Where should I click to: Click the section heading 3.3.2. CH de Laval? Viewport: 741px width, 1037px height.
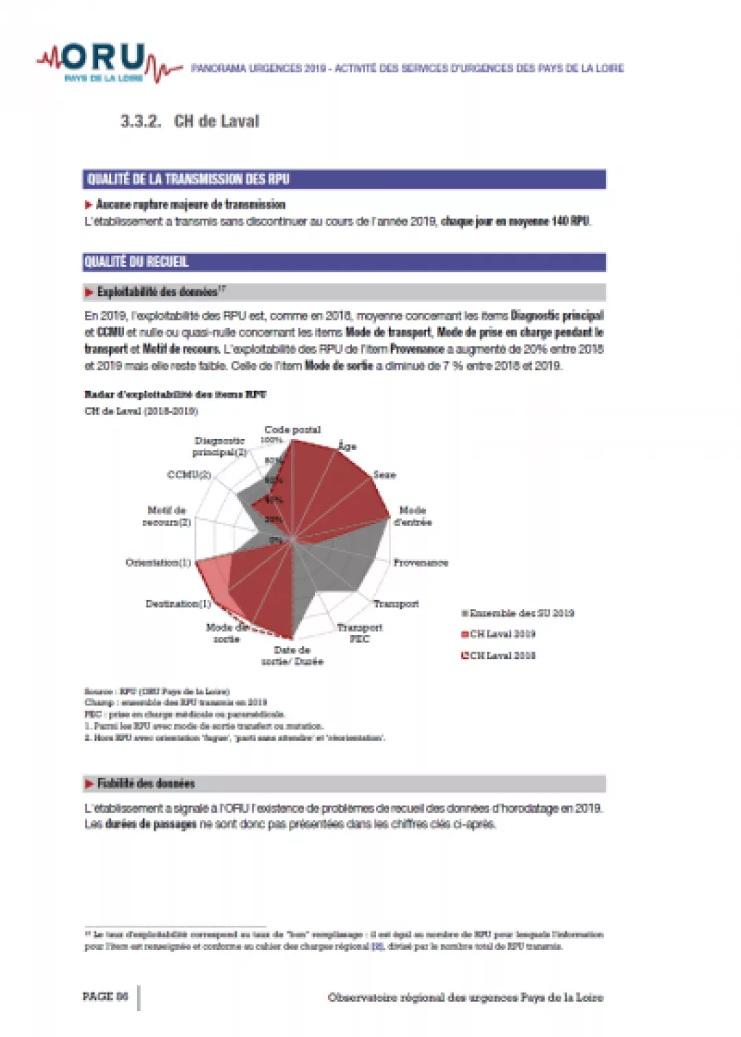tap(190, 121)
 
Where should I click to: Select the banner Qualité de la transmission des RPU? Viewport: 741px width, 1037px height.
tap(344, 179)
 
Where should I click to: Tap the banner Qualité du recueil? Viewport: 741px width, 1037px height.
tap(344, 262)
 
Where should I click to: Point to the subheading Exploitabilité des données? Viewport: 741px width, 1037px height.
tap(157, 292)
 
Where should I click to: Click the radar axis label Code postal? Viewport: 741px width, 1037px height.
tap(292, 430)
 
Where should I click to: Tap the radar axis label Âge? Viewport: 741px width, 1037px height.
tap(347, 446)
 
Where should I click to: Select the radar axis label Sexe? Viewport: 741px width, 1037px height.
tap(384, 475)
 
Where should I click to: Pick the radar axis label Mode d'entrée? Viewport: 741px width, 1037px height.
tap(412, 516)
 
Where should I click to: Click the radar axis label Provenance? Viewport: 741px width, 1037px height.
tap(421, 562)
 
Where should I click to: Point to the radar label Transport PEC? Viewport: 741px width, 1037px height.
tap(360, 632)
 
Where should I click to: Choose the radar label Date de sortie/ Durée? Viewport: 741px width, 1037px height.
tap(292, 655)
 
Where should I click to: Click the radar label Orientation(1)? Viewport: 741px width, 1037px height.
tap(158, 562)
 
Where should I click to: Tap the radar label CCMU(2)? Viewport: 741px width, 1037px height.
tap(189, 475)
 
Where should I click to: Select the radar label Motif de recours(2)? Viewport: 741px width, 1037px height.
tap(167, 516)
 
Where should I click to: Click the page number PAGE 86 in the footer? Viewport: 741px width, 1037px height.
tap(105, 997)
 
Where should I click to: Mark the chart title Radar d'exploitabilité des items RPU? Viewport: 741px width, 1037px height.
tap(175, 394)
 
